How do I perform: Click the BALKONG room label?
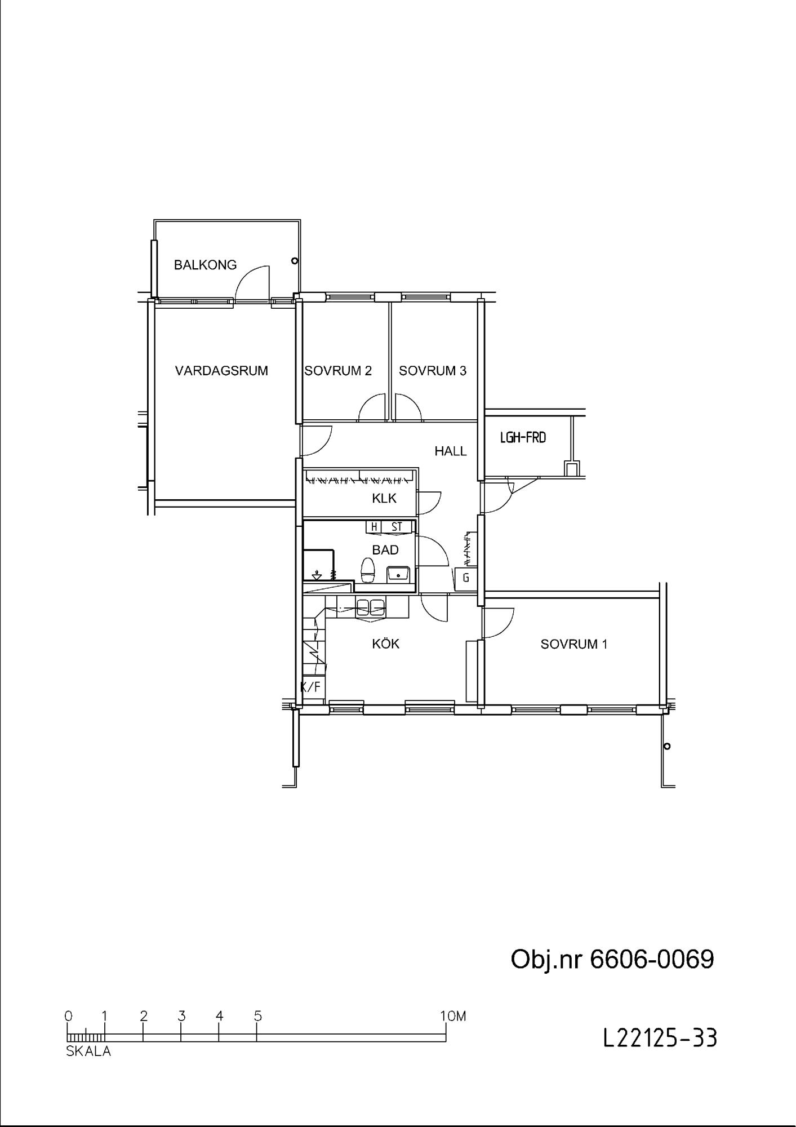click(205, 265)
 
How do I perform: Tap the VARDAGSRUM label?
click(221, 371)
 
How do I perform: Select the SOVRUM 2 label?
click(338, 371)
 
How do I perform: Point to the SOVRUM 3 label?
click(433, 371)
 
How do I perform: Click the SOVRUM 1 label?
click(574, 644)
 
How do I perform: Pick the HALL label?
click(451, 451)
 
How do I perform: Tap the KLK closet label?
click(384, 498)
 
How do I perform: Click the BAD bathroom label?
click(385, 549)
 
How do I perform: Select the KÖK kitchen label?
click(386, 644)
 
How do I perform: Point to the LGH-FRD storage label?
click(523, 437)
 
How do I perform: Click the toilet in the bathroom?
click(368, 570)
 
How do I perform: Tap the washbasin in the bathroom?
click(399, 574)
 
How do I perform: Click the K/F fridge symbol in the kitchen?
click(310, 687)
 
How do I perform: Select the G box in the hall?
click(466, 578)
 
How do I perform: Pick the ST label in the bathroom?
click(397, 527)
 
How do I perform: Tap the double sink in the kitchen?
click(370, 607)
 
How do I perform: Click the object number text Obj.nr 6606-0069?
click(612, 959)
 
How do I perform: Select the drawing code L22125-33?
click(660, 1037)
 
